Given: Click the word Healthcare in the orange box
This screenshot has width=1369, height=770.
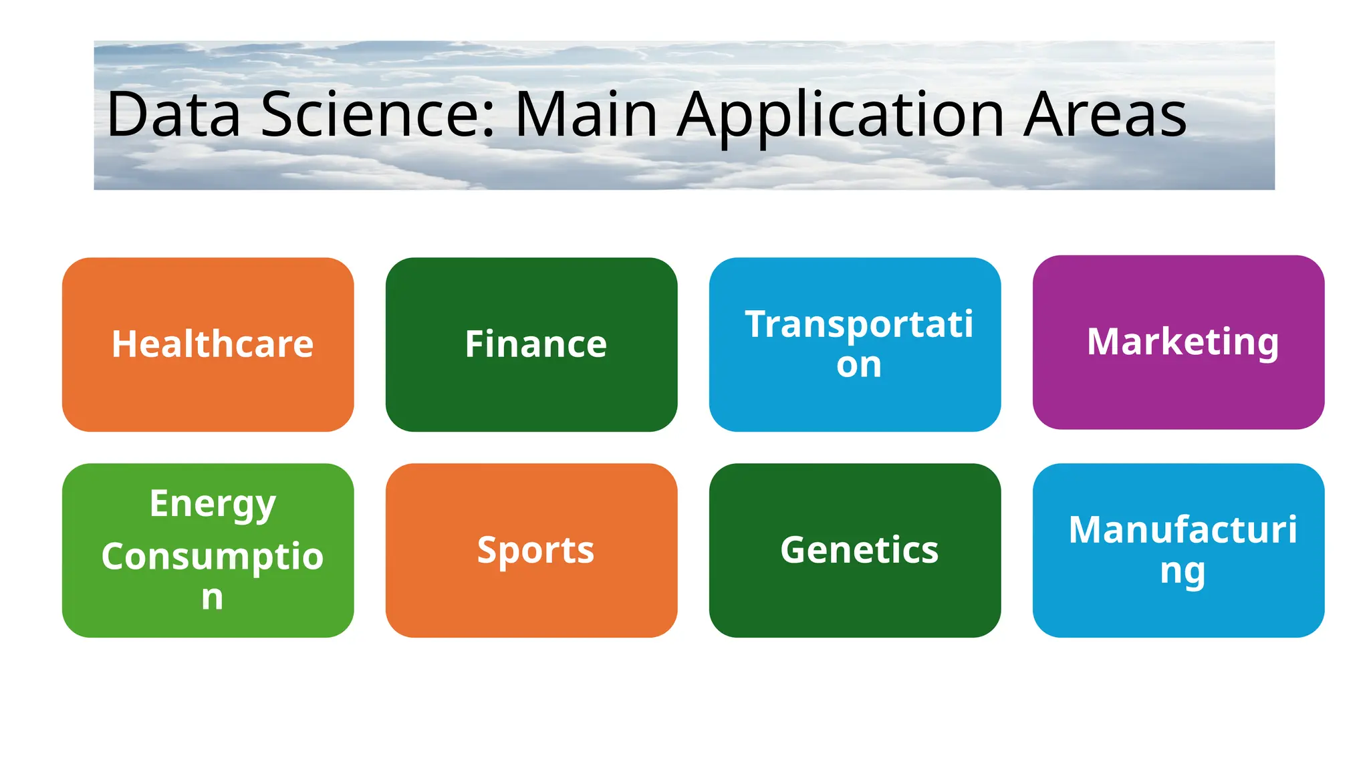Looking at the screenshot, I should (212, 344).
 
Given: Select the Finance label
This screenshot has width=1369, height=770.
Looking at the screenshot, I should (535, 344).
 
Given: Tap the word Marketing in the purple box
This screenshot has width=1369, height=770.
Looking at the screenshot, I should (1183, 342).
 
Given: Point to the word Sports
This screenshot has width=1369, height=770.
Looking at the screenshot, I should (535, 550).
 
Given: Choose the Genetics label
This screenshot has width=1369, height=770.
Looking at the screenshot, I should (859, 550).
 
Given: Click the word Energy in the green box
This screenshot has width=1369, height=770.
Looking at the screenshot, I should (212, 503).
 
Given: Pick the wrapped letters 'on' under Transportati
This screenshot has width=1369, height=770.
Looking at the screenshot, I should (859, 365).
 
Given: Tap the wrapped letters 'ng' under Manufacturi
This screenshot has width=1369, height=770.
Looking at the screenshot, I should (1183, 571).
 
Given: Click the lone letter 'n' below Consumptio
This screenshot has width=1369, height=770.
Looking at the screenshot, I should (212, 597).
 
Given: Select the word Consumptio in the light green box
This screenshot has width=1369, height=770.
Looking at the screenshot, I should (212, 556).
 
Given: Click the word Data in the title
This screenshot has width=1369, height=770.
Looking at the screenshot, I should (173, 115).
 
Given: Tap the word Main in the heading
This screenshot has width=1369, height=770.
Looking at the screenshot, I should (586, 115).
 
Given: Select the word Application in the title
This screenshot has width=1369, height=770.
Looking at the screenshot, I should (841, 115).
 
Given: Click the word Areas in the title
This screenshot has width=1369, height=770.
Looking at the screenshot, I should (1105, 115).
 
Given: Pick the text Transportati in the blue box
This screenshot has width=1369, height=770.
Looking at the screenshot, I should (859, 324).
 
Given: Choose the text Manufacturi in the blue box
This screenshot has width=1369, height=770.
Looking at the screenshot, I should (1183, 530).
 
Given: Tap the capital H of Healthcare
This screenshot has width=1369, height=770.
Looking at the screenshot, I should (124, 344).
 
